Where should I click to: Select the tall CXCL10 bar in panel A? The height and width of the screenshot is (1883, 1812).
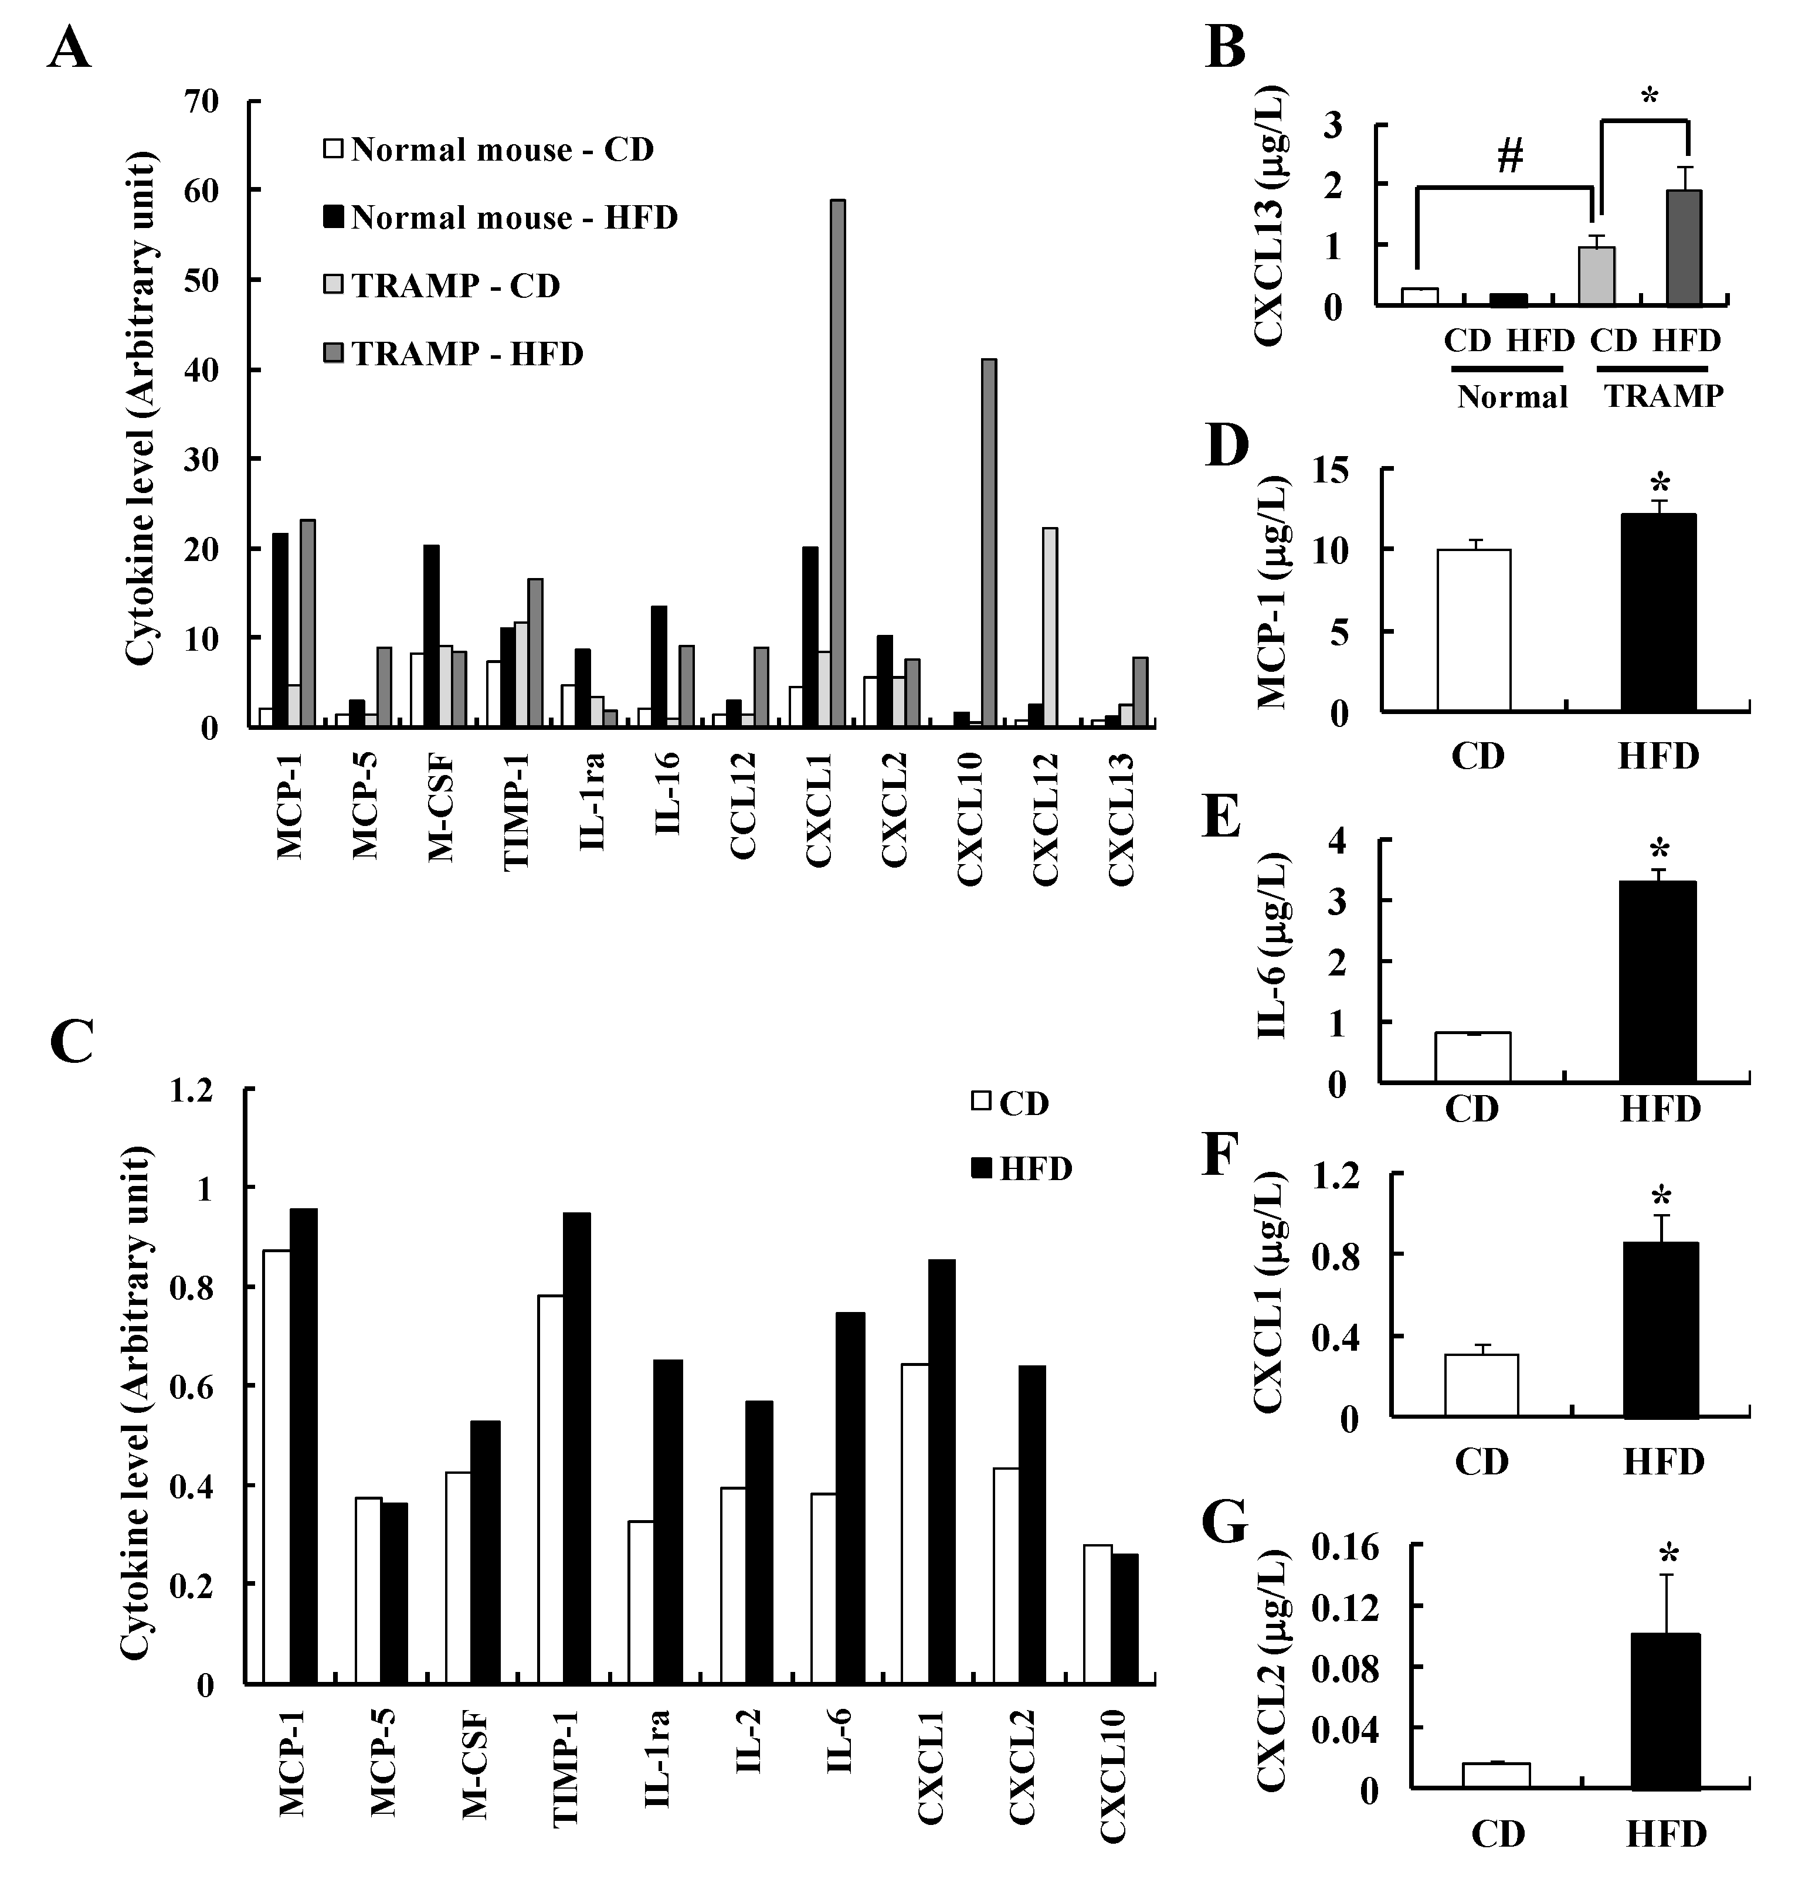(988, 543)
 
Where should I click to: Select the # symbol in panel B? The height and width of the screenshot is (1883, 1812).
(1509, 155)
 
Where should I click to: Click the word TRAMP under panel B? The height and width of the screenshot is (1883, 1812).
(1663, 396)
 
